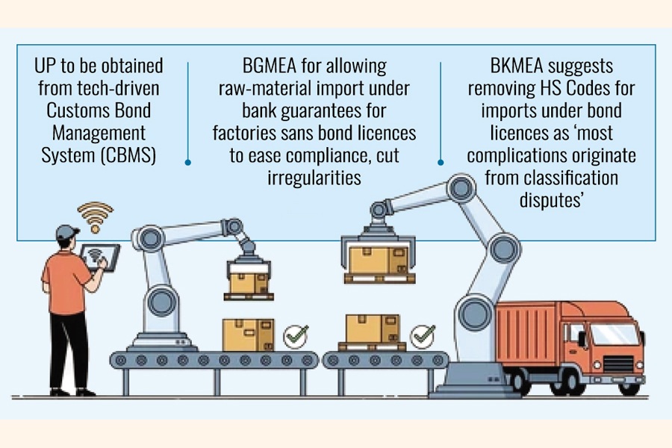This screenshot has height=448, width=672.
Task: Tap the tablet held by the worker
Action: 99,257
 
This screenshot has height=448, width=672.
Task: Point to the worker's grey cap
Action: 68,231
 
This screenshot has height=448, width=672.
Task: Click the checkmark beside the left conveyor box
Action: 295,336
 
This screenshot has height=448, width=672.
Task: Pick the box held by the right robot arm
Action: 379,259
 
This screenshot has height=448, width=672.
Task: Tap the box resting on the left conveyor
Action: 249,335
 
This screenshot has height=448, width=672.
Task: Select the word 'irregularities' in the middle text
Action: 314,178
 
